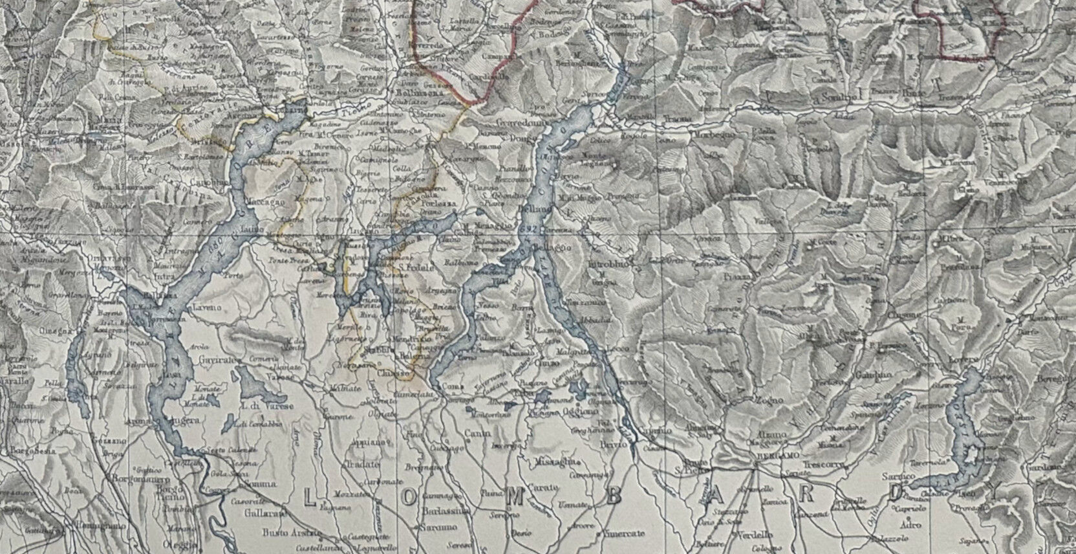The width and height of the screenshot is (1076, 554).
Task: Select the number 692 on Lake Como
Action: pyautogui.click(x=527, y=231)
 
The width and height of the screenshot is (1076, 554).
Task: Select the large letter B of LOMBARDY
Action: pyautogui.click(x=614, y=495)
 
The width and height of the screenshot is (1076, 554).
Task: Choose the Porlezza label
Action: pyautogui.click(x=440, y=203)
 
